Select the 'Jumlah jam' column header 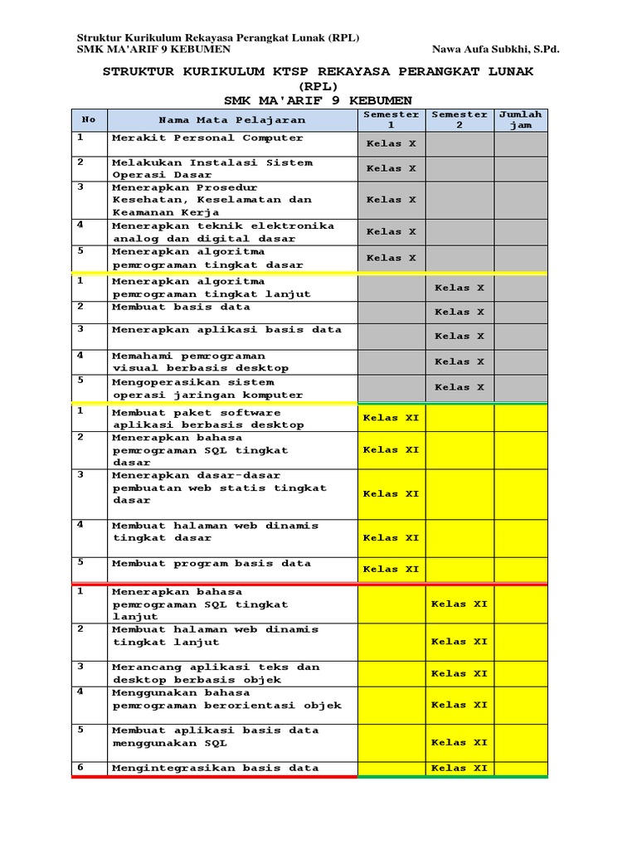click(x=520, y=119)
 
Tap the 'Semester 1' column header click(x=391, y=119)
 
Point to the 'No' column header click(x=89, y=119)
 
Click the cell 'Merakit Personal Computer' click(x=207, y=138)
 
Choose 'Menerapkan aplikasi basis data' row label click(x=226, y=330)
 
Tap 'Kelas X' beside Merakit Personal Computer click(x=391, y=143)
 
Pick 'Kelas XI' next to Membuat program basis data click(x=391, y=570)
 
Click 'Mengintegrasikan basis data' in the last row click(x=215, y=769)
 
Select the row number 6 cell click(x=81, y=768)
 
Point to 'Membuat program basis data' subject click(x=212, y=564)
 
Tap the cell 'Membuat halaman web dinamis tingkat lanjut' click(x=215, y=636)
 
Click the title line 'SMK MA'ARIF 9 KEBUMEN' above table click(x=318, y=100)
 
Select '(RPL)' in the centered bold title click(x=318, y=86)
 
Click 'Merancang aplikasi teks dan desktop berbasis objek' click(x=215, y=673)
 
